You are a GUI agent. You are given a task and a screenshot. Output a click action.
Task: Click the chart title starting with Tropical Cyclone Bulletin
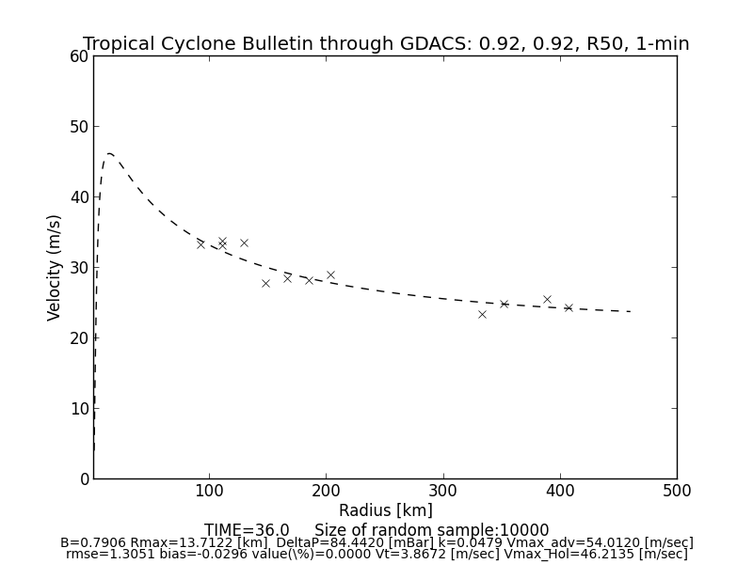386,44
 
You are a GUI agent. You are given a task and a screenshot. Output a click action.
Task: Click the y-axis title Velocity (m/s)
55,267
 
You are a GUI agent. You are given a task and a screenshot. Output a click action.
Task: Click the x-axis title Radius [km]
386,510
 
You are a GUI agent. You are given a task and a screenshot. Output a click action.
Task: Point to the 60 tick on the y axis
79,56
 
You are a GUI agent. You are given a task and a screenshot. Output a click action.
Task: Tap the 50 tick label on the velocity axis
79,127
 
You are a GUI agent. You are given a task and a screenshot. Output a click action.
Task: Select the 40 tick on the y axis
79,197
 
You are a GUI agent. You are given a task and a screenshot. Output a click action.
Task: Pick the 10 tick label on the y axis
79,409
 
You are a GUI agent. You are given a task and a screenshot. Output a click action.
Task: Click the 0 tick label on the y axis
84,479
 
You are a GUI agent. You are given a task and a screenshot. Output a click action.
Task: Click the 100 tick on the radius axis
209,491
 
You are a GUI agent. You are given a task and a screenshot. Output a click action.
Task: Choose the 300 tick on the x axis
442,491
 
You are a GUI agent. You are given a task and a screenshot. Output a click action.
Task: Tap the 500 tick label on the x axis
676,491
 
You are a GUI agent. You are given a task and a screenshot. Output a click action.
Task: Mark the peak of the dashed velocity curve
109,153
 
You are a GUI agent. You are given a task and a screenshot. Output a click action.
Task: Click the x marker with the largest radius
569,307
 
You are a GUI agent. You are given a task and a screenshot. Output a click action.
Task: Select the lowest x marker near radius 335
482,314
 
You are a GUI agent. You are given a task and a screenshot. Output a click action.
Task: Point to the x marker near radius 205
330,274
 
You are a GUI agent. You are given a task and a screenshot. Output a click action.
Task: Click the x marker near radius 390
547,299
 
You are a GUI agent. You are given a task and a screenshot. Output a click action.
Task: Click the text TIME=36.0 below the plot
247,530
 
